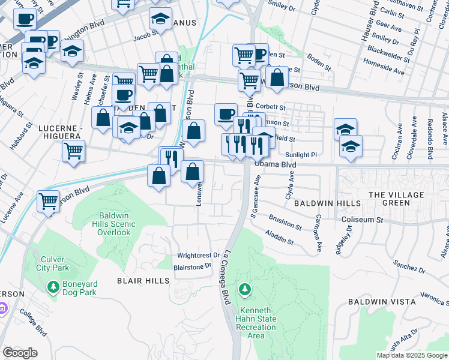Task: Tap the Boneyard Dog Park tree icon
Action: click(x=53, y=287)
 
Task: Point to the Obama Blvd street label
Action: click(x=275, y=163)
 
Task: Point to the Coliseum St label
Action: click(x=362, y=220)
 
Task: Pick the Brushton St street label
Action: click(x=285, y=223)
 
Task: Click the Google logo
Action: click(x=20, y=353)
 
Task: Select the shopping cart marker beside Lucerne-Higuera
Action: click(x=73, y=151)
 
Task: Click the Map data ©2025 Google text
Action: click(x=411, y=355)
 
